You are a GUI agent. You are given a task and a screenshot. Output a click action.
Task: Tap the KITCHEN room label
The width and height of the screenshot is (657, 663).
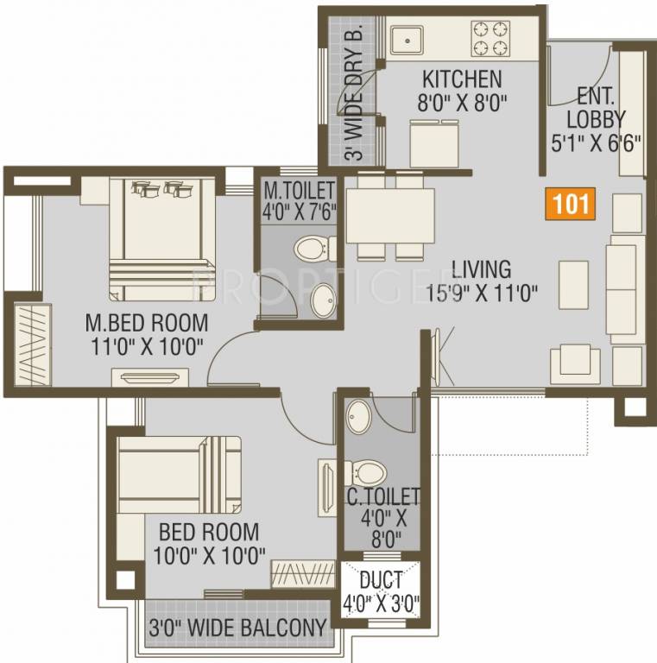tap(459, 80)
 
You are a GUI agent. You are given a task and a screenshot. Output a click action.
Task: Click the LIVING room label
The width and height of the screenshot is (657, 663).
tap(481, 269)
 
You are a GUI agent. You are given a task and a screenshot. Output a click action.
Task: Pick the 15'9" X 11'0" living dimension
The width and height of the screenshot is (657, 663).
tap(483, 293)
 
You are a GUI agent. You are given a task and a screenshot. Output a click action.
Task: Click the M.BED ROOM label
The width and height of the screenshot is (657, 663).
tap(147, 323)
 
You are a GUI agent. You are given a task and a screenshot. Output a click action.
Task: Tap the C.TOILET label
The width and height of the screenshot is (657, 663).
tap(383, 496)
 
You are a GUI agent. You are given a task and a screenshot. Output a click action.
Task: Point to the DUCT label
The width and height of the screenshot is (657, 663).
tap(381, 580)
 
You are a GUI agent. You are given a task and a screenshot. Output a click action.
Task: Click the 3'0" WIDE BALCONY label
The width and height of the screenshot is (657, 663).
tap(237, 628)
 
